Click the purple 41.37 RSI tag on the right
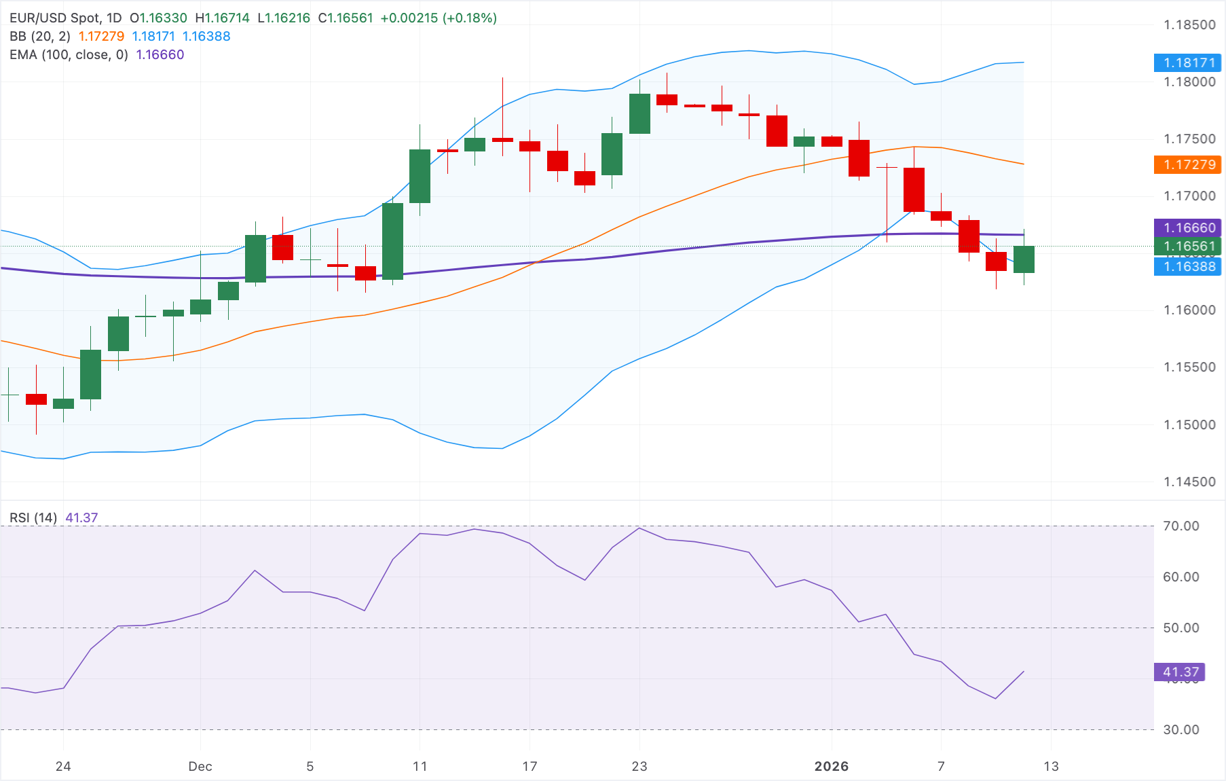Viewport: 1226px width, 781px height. point(1180,672)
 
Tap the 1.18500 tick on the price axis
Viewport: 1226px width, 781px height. point(1189,25)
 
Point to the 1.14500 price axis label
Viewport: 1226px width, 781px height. point(1189,482)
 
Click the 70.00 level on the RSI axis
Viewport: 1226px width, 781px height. point(1181,526)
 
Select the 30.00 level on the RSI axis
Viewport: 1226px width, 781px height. point(1181,729)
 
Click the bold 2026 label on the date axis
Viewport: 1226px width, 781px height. point(831,766)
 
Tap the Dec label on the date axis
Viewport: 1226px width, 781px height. point(200,766)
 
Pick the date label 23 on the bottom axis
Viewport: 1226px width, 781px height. point(639,766)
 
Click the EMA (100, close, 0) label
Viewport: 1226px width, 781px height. point(69,55)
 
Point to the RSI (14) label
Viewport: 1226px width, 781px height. point(33,518)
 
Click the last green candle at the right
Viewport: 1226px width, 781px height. point(1024,259)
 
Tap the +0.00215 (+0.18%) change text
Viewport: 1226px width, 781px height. point(439,18)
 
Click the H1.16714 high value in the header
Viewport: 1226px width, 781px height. point(222,18)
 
